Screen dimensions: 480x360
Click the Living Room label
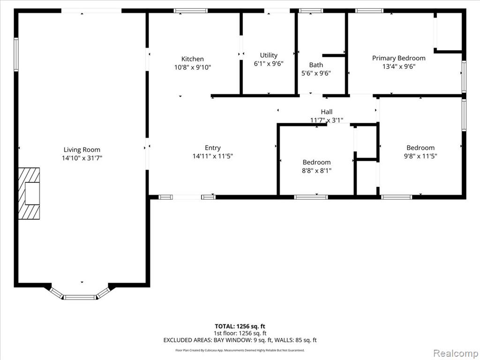(x=82, y=150)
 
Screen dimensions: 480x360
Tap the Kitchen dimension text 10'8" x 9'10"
(x=193, y=67)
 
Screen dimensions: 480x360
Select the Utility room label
(x=269, y=55)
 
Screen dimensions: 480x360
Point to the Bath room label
(x=316, y=65)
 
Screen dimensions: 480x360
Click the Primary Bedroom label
(x=398, y=58)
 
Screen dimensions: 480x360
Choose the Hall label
(x=327, y=112)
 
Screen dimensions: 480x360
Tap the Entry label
(x=213, y=148)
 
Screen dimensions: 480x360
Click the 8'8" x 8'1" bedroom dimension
(x=316, y=171)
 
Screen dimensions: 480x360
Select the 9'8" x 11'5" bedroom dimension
(x=420, y=156)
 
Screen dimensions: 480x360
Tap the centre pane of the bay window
(x=80, y=297)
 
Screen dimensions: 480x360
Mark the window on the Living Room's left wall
(x=16, y=54)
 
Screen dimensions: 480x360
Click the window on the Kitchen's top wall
(x=191, y=11)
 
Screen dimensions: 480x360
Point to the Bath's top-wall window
(x=311, y=11)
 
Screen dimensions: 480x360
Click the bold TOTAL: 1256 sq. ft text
(x=240, y=326)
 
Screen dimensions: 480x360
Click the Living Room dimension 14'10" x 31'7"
(x=82, y=158)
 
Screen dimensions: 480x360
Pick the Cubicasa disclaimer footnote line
(x=240, y=350)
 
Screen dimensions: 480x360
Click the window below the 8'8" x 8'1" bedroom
(x=311, y=197)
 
